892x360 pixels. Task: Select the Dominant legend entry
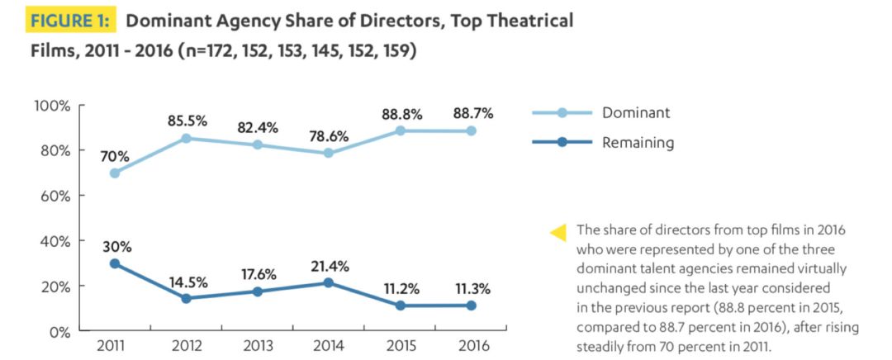pos(636,113)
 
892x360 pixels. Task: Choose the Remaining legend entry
pos(638,143)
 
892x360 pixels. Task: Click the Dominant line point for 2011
pos(114,173)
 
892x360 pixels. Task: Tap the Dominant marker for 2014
pos(330,154)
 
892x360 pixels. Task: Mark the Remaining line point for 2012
pos(187,298)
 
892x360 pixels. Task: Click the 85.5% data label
pos(188,121)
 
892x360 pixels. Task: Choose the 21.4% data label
pos(330,266)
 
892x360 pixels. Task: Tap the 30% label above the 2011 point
pos(117,247)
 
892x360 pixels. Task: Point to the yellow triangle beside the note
pos(558,233)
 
